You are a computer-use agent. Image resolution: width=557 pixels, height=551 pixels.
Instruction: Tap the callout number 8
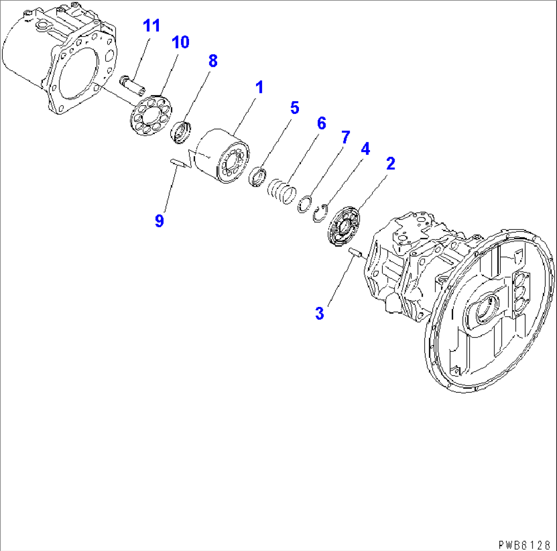[x=212, y=61]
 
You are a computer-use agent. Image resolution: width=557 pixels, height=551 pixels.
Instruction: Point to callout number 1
[x=259, y=87]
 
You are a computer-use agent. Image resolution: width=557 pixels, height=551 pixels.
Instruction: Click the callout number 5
[x=294, y=107]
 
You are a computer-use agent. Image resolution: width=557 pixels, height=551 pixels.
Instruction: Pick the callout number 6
[x=320, y=123]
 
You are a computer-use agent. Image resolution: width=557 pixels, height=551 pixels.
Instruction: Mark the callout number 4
[x=365, y=149]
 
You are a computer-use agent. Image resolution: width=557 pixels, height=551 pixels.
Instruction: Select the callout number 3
[x=319, y=313]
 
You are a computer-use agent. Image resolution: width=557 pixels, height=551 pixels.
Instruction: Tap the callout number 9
[x=159, y=221]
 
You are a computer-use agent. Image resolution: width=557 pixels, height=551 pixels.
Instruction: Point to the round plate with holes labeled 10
[x=150, y=115]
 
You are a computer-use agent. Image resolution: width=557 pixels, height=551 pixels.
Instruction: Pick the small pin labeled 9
[x=177, y=163]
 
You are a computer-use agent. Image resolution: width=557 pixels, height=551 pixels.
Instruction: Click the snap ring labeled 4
[x=320, y=214]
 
